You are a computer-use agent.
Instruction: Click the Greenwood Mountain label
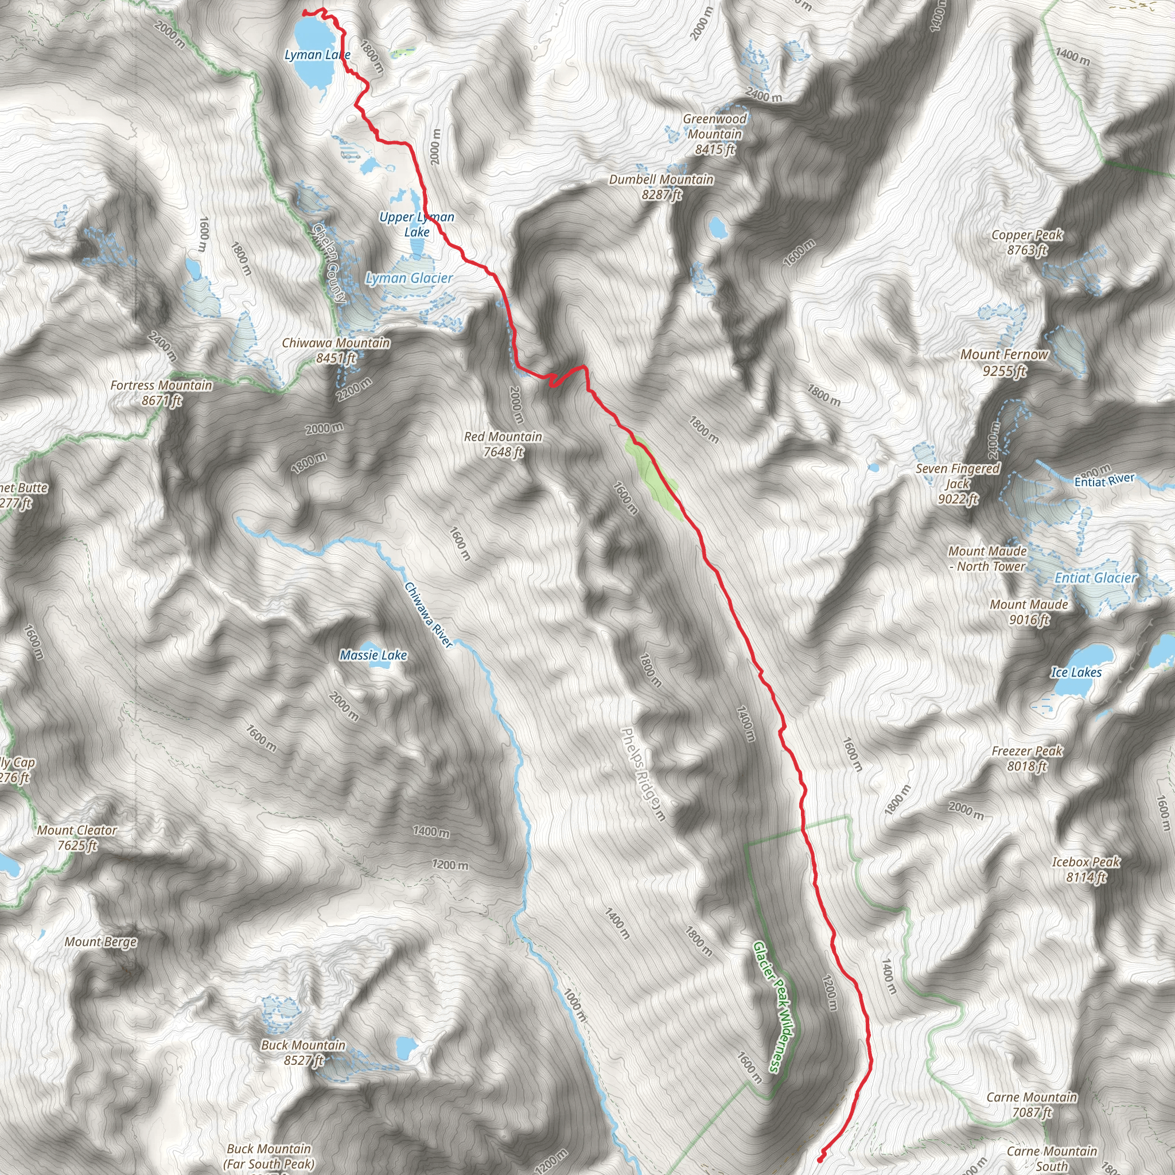point(715,134)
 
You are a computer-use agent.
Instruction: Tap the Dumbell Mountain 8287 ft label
point(661,186)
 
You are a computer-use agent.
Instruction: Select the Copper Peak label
point(1027,242)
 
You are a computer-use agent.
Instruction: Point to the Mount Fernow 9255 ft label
point(1004,362)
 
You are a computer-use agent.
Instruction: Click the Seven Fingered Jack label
point(958,484)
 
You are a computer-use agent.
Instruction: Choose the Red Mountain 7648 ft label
point(503,444)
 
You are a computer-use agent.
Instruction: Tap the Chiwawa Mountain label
point(336,351)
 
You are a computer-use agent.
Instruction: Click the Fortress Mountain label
point(161,392)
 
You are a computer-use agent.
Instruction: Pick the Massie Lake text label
point(373,655)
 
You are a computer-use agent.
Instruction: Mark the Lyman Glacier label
point(409,278)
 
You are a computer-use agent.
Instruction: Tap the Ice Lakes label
point(1076,672)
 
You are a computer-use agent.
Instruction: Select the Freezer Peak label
point(1027,758)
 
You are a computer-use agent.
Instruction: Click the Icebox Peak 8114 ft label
point(1086,869)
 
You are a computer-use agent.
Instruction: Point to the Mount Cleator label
point(77,838)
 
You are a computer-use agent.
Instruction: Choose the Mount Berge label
point(101,942)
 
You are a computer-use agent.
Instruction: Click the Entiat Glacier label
point(1095,578)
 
